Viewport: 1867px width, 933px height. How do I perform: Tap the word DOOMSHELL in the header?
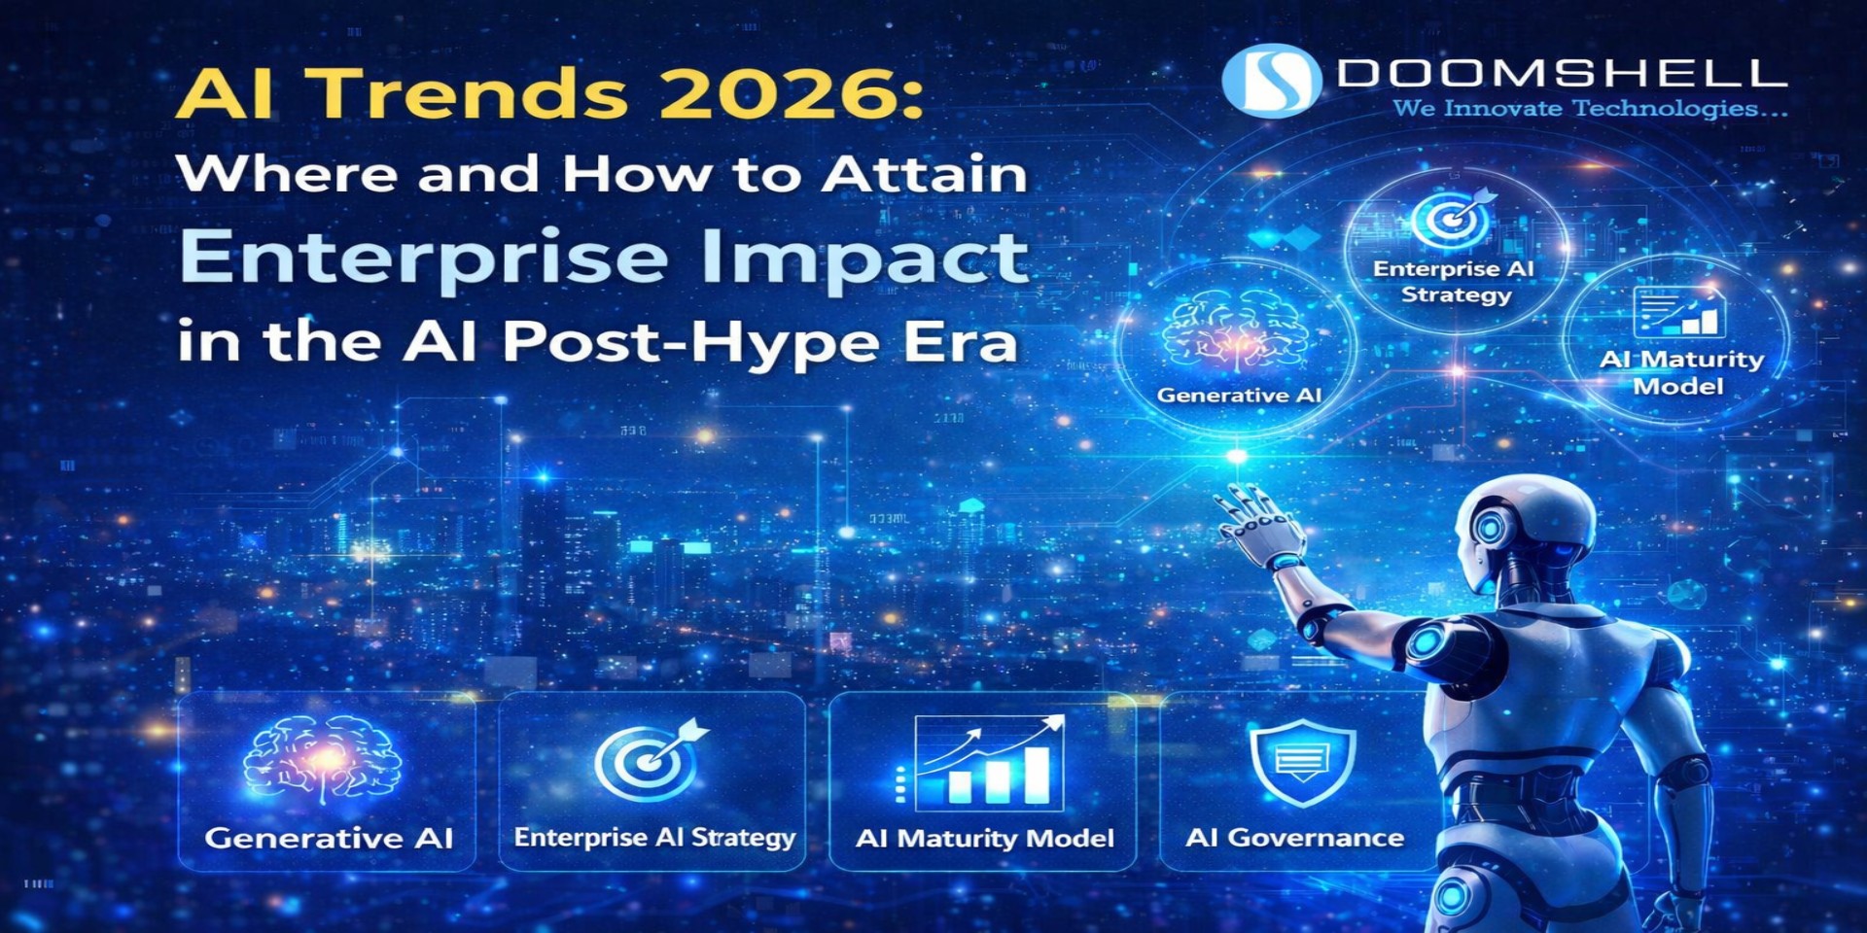point(1562,74)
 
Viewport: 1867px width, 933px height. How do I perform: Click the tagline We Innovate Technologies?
point(1589,109)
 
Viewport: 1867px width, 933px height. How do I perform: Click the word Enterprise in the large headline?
point(424,258)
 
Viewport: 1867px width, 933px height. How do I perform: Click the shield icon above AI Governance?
point(1302,763)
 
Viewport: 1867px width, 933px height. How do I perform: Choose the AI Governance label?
point(1294,838)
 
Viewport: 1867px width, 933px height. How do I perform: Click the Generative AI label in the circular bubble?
point(1239,396)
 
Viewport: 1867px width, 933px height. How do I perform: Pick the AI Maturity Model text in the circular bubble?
point(1680,373)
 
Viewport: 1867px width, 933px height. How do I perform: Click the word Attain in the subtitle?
point(924,175)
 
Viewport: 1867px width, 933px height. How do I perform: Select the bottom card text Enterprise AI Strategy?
point(654,838)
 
